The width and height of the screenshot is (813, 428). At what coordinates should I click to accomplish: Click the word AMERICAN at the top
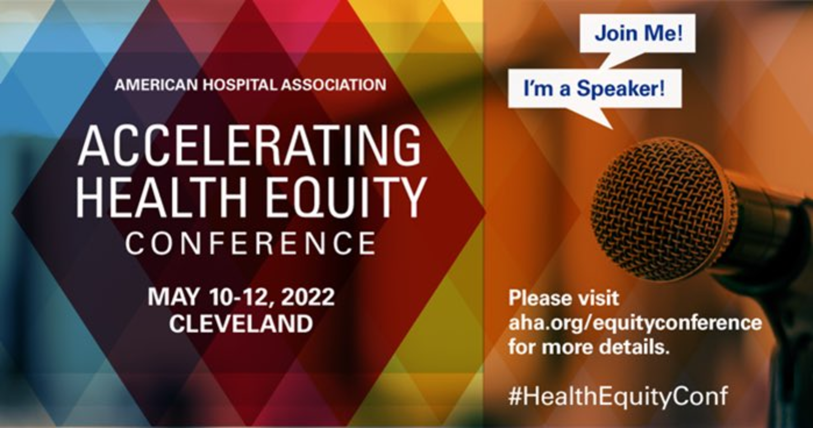coord(156,85)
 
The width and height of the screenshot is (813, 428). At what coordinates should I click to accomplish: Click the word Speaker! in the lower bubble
coord(621,88)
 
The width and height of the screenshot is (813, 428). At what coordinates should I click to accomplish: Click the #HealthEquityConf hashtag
coord(618,396)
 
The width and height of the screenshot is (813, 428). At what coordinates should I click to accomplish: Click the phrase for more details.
coord(589,347)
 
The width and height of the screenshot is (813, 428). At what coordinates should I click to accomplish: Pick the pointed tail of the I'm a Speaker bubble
coord(611,127)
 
